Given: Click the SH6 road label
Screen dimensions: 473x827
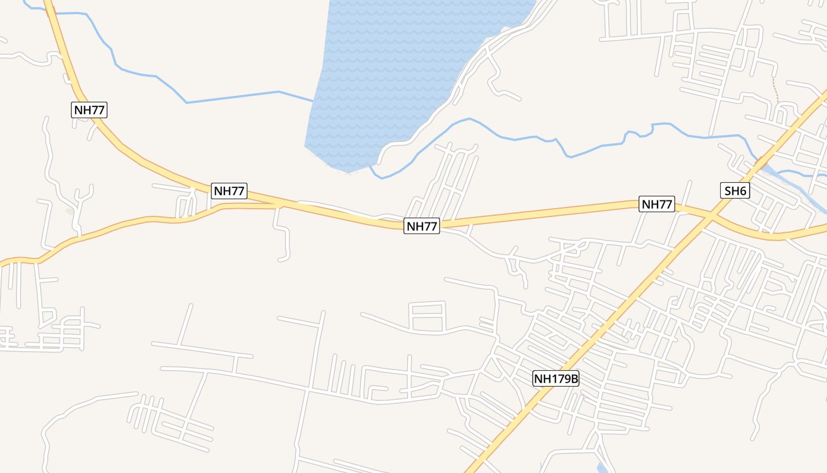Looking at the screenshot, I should pyautogui.click(x=735, y=190).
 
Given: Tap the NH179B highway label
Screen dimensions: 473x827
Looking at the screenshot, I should pyautogui.click(x=555, y=378).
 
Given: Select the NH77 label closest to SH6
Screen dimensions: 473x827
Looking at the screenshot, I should pyautogui.click(x=657, y=204).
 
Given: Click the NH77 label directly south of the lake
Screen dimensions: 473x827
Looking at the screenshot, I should pyautogui.click(x=422, y=225).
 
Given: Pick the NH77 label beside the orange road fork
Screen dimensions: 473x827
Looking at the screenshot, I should pyautogui.click(x=229, y=191).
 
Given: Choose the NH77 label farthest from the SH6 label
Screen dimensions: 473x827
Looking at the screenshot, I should pyautogui.click(x=90, y=109).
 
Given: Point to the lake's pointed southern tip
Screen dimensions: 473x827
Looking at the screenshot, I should pyautogui.click(x=347, y=171).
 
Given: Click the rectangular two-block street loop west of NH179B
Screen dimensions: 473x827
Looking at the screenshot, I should pyautogui.click(x=427, y=316).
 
